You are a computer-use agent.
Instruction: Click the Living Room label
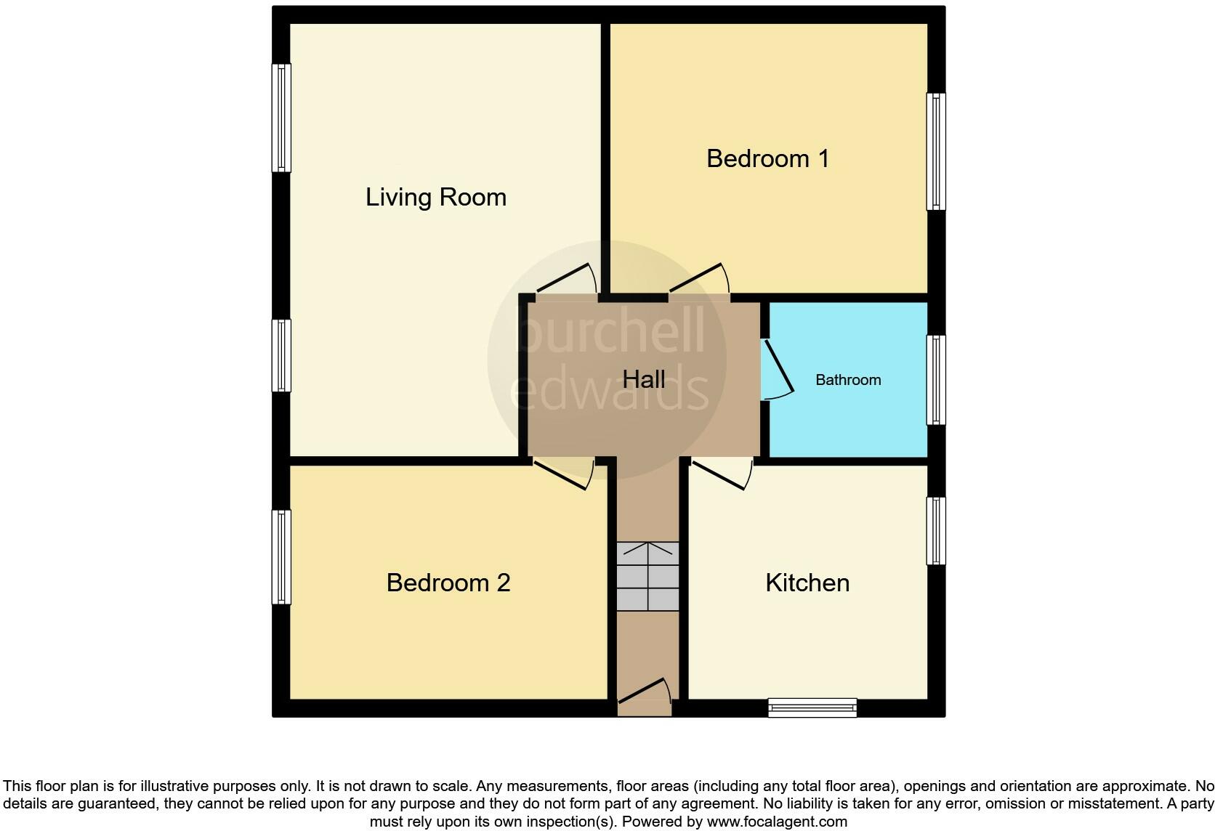435,198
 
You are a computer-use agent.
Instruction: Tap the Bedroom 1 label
767,158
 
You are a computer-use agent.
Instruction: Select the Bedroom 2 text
448,583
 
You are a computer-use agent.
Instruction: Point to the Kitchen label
807,583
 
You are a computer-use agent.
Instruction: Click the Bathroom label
847,380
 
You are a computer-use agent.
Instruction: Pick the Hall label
644,379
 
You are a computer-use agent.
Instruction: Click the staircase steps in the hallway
647,576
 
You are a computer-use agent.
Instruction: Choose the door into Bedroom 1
698,280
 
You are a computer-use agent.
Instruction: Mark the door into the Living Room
566,280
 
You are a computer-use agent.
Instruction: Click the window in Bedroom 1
936,152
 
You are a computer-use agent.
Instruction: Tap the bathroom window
936,380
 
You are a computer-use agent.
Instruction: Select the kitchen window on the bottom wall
812,707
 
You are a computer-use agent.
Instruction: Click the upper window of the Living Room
281,118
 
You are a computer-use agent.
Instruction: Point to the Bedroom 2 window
281,557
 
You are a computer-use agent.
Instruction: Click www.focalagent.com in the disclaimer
777,822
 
